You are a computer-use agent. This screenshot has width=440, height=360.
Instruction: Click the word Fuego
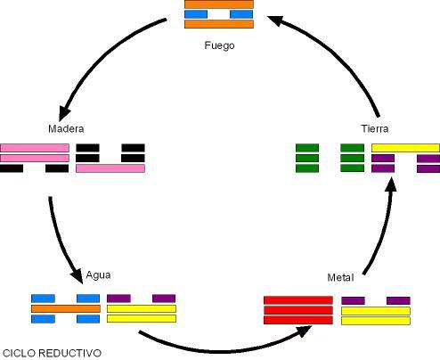[x=219, y=45]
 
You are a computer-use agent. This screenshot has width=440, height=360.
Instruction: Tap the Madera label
[x=66, y=128]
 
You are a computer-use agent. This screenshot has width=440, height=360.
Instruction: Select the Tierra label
[x=375, y=128]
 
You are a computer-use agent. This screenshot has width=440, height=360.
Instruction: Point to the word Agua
[x=98, y=275]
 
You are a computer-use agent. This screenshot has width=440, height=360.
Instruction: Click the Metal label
[x=340, y=278]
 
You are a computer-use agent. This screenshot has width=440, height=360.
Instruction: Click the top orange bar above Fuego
[x=219, y=4]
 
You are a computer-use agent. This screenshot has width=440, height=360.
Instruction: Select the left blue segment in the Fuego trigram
[x=196, y=14]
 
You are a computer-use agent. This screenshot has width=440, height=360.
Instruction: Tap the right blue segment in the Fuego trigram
[x=241, y=14]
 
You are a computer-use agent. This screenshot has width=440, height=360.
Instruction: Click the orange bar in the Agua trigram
[x=66, y=308]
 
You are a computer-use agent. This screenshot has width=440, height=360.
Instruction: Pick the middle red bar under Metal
[x=298, y=310]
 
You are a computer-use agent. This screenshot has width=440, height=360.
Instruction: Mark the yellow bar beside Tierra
[x=405, y=148]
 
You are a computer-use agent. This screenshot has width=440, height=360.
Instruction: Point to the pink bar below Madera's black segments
[x=110, y=168]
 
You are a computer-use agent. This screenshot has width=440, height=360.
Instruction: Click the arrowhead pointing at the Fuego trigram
[x=274, y=20]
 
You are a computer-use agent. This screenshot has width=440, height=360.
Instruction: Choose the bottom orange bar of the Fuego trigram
[x=219, y=24]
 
